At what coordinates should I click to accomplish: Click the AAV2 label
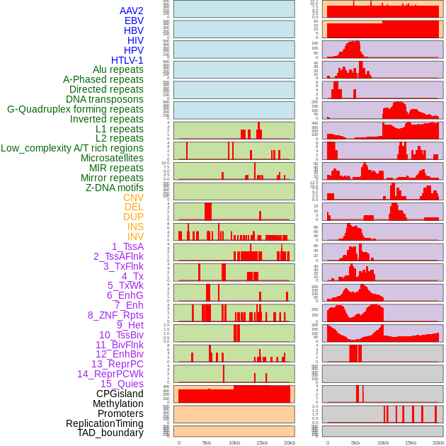(x=132, y=11)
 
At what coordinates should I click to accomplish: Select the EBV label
(x=134, y=21)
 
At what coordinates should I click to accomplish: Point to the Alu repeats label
(x=118, y=69)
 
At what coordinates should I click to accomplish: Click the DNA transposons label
(x=105, y=99)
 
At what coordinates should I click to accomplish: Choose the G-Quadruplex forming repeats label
(x=75, y=109)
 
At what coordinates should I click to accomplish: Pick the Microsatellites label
(x=112, y=158)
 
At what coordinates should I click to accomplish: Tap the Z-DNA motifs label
(x=115, y=188)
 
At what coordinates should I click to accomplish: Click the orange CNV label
(x=133, y=198)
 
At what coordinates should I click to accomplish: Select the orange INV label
(x=135, y=236)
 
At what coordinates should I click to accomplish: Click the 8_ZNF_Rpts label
(x=115, y=315)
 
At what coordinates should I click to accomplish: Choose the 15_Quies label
(x=122, y=384)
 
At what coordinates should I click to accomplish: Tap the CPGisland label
(x=120, y=394)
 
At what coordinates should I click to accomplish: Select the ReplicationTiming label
(x=105, y=423)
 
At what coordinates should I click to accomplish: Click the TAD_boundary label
(x=110, y=433)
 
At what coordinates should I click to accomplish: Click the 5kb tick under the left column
(x=207, y=442)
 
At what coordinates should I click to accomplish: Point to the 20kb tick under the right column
(x=438, y=442)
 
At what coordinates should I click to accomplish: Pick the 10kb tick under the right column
(x=383, y=442)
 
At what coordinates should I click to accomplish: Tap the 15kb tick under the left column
(x=261, y=442)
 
